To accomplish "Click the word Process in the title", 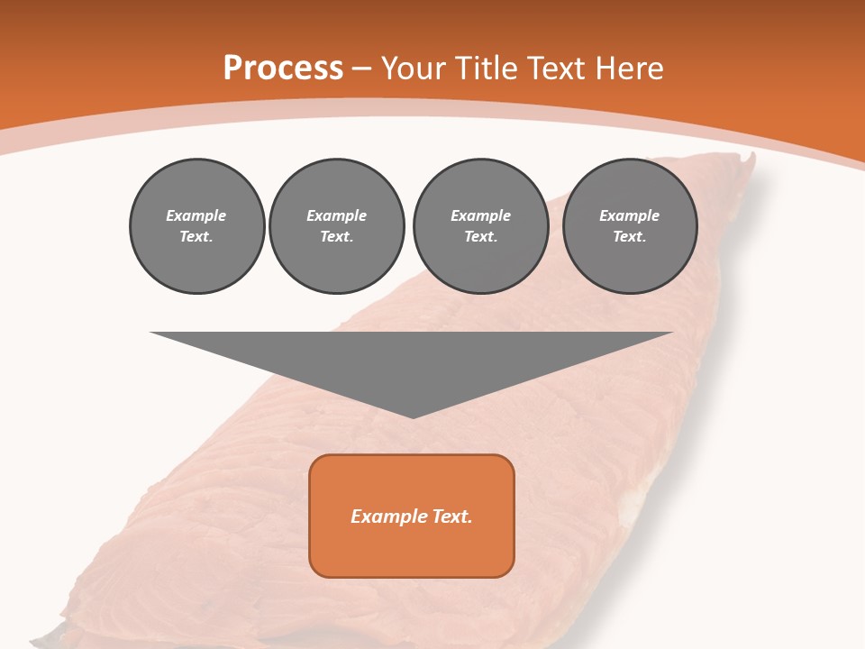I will pos(283,69).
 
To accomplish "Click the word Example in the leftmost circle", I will pos(196,215).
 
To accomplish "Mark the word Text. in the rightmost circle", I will pos(629,236).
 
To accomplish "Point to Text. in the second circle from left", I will pos(336,236).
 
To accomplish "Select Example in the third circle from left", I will pos(480,215).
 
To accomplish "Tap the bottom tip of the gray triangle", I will pos(412,416).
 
